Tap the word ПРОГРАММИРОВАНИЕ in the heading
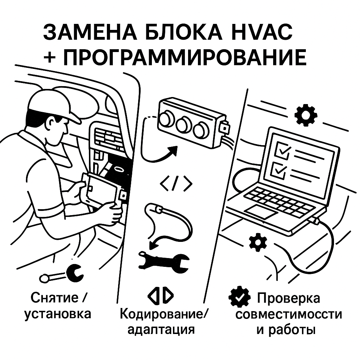click(185, 57)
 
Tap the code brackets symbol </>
click(176, 183)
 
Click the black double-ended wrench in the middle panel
click(164, 260)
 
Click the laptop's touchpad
click(260, 211)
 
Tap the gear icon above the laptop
click(306, 115)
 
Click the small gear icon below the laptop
click(258, 242)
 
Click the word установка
click(58, 314)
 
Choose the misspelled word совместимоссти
click(288, 314)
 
